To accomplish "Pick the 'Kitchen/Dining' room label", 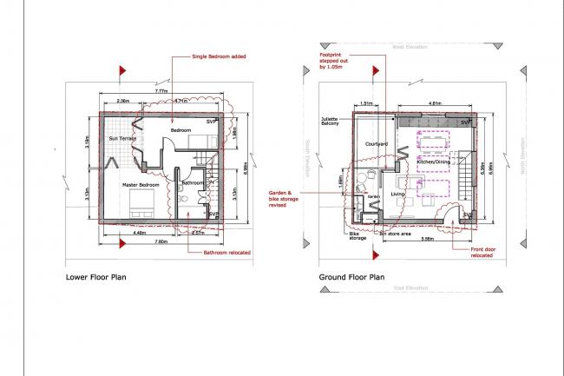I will pyautogui.click(x=434, y=162).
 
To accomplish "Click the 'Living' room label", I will pyautogui.click(x=398, y=205).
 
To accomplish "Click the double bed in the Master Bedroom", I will pyautogui.click(x=140, y=206).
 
